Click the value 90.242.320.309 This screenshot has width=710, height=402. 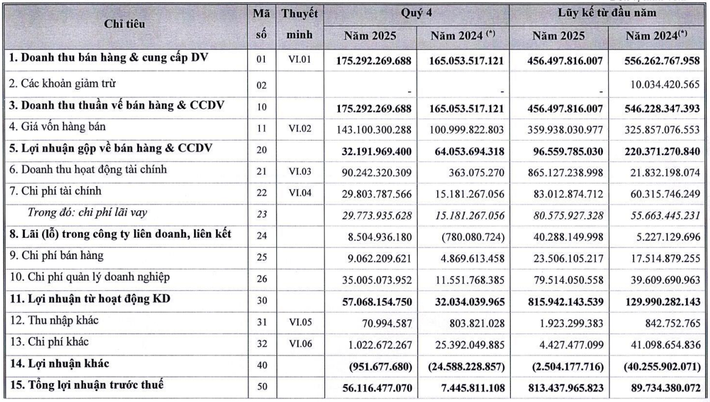tap(373, 172)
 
